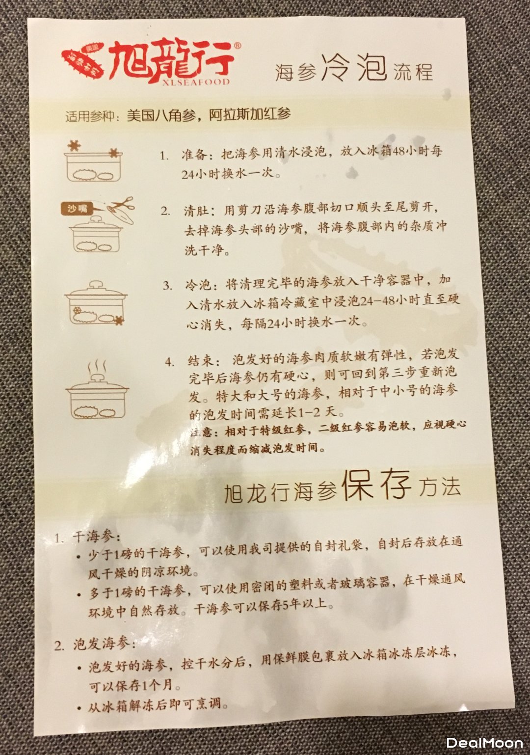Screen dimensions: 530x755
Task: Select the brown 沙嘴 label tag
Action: click(78, 209)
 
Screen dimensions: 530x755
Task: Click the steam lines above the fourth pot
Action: click(97, 366)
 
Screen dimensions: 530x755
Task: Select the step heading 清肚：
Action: click(203, 210)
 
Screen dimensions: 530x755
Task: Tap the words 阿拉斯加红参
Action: click(249, 115)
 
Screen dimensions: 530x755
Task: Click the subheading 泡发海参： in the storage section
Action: click(105, 644)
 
